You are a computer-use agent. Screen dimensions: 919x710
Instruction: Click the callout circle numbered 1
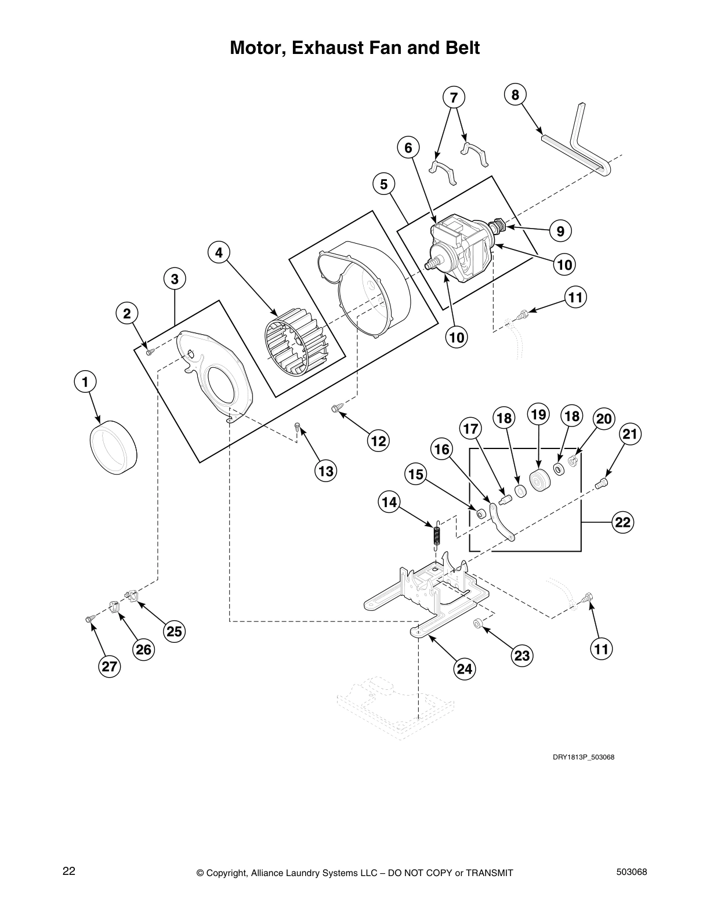coord(85,382)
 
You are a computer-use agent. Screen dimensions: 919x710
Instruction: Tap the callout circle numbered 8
coord(516,94)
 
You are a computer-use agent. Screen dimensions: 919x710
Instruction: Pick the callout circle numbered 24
coord(464,669)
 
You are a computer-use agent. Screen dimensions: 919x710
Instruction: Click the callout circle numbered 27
coord(109,667)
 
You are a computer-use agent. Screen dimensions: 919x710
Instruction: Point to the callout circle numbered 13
coord(326,471)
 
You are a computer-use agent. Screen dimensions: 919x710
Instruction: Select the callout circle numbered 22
coord(622,522)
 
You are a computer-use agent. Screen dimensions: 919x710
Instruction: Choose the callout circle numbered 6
coord(408,148)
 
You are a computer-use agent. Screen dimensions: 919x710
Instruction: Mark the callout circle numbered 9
coord(560,231)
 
